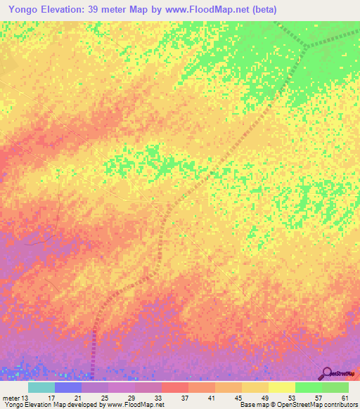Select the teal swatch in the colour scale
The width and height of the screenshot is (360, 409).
point(41,387)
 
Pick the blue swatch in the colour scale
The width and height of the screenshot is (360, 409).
point(68,387)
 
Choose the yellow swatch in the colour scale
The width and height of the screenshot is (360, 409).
point(281,387)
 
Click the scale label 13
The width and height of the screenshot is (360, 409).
point(26,398)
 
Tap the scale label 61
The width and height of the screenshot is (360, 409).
point(345,398)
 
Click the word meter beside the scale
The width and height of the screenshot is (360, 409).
point(11,398)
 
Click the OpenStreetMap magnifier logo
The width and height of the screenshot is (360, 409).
point(327,372)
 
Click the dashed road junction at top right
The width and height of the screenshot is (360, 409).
point(307,46)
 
